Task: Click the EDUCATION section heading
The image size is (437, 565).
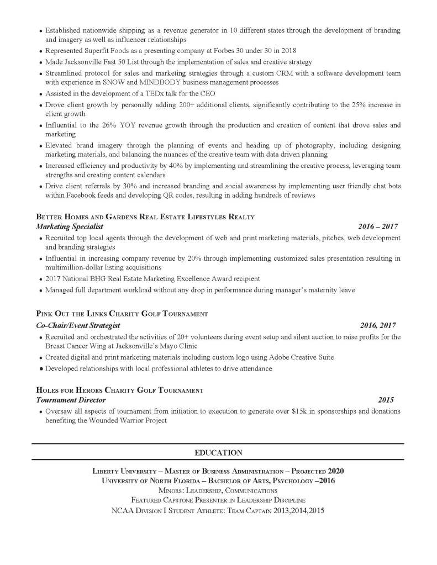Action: (x=218, y=453)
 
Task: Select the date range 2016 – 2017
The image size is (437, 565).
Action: (x=377, y=226)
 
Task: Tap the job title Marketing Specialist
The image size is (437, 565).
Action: (x=69, y=226)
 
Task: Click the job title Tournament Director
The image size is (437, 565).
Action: (x=71, y=399)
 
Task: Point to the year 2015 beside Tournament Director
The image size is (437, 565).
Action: (x=386, y=399)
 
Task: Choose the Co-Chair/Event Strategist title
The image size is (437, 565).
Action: (x=78, y=325)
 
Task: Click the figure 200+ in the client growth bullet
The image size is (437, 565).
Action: (x=193, y=104)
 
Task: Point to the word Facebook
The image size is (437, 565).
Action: (x=83, y=196)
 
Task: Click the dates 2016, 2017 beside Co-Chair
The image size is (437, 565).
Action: (x=378, y=325)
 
